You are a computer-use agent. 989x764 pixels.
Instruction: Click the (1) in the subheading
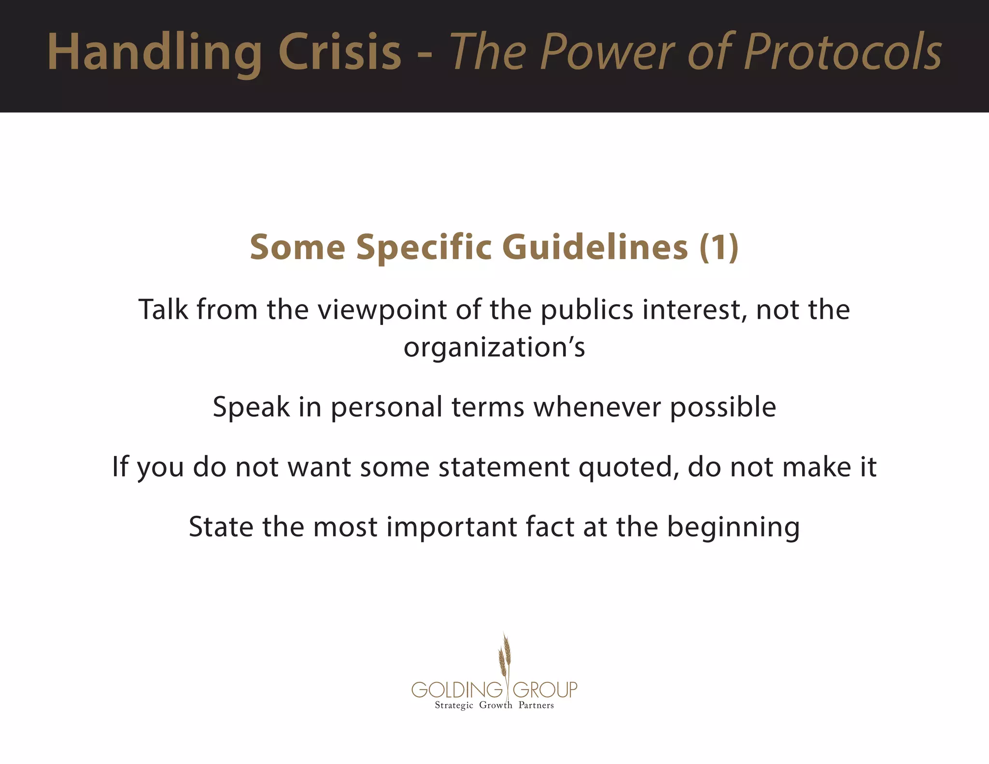719,247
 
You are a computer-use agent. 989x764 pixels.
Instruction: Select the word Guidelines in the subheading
595,247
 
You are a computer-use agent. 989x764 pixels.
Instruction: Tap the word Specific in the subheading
424,247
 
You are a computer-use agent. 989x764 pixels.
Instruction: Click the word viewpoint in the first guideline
381,310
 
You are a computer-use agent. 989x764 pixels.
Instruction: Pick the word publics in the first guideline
586,310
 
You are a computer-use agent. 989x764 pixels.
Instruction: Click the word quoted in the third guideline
628,467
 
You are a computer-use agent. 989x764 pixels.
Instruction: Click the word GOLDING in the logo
456,690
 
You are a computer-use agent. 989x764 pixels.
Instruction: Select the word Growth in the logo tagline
495,706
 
